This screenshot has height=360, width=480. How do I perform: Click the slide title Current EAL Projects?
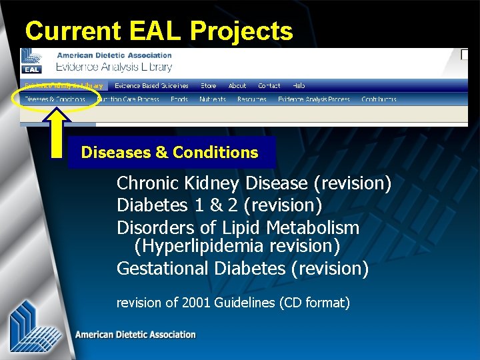pos(159,31)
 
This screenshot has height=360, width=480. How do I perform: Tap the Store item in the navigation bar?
pos(209,86)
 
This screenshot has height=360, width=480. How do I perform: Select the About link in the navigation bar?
pos(237,86)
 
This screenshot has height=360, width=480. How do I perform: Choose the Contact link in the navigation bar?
pos(269,86)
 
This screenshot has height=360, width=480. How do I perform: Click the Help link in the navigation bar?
pos(299,86)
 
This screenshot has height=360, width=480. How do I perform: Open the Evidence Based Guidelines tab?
pos(151,86)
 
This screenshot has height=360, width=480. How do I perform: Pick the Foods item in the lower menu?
pos(179,99)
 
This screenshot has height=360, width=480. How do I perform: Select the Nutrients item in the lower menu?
pos(213,99)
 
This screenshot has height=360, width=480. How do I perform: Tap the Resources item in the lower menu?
pos(251,99)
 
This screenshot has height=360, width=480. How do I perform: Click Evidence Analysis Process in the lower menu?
pos(314,99)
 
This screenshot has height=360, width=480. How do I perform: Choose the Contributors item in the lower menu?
pos(379,99)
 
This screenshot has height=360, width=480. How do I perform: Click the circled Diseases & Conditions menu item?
pos(55,99)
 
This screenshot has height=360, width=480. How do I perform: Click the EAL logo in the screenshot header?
pos(31,61)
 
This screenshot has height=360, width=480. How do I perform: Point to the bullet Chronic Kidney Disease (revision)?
pos(254,183)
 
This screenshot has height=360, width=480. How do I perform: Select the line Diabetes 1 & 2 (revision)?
pos(219,205)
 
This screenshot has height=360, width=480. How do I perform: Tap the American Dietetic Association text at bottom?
pos(135,335)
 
